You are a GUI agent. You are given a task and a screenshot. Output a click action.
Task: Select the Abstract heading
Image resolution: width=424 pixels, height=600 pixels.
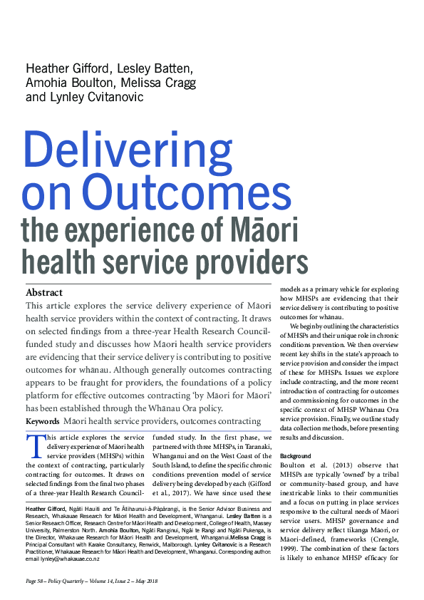click(x=44, y=292)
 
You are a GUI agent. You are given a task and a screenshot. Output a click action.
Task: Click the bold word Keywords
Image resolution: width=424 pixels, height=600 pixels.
click(x=42, y=422)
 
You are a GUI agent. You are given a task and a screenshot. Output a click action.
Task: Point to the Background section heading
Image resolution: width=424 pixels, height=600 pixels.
click(x=296, y=455)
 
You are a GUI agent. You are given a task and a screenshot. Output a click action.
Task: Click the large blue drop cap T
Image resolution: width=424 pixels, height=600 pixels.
click(x=35, y=447)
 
